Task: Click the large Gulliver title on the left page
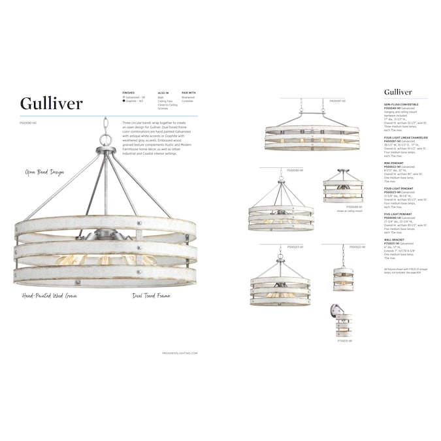coord(51,103)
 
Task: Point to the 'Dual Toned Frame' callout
coord(152,296)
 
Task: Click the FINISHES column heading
coord(128,93)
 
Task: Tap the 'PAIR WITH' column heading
coord(188,93)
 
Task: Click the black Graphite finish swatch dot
coord(124,101)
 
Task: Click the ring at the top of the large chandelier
coord(105,139)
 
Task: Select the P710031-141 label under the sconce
coord(345,340)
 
